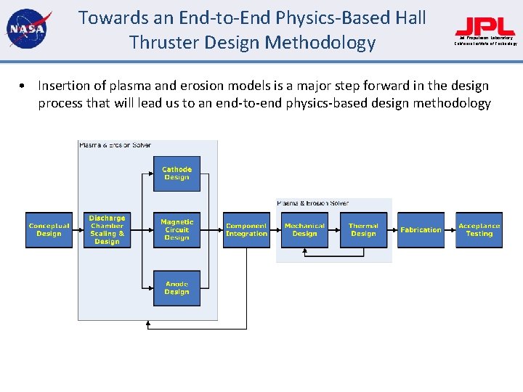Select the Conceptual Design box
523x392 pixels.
pyautogui.click(x=49, y=230)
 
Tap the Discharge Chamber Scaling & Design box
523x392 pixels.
pyautogui.click(x=107, y=230)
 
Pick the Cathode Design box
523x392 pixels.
pyautogui.click(x=177, y=173)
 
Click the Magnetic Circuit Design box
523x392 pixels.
pyautogui.click(x=177, y=230)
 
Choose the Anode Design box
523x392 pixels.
pyautogui.click(x=177, y=288)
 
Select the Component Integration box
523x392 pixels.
pyautogui.click(x=246, y=230)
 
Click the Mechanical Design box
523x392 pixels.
pyautogui.click(x=304, y=230)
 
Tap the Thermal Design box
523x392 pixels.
pyautogui.click(x=363, y=230)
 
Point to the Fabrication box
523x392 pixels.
pyautogui.click(x=421, y=230)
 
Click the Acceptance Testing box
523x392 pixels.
pyautogui.click(x=479, y=230)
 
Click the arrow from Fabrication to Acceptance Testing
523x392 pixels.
pyautogui.click(x=450, y=230)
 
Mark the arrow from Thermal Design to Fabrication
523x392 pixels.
pyautogui.click(x=392, y=230)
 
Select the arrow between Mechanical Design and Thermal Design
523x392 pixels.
pyautogui.click(x=333, y=230)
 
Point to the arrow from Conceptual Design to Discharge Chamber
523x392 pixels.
pyautogui.click(x=78, y=230)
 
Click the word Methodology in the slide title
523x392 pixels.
pyautogui.click(x=320, y=43)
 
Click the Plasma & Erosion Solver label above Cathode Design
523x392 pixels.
pyautogui.click(x=115, y=145)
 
